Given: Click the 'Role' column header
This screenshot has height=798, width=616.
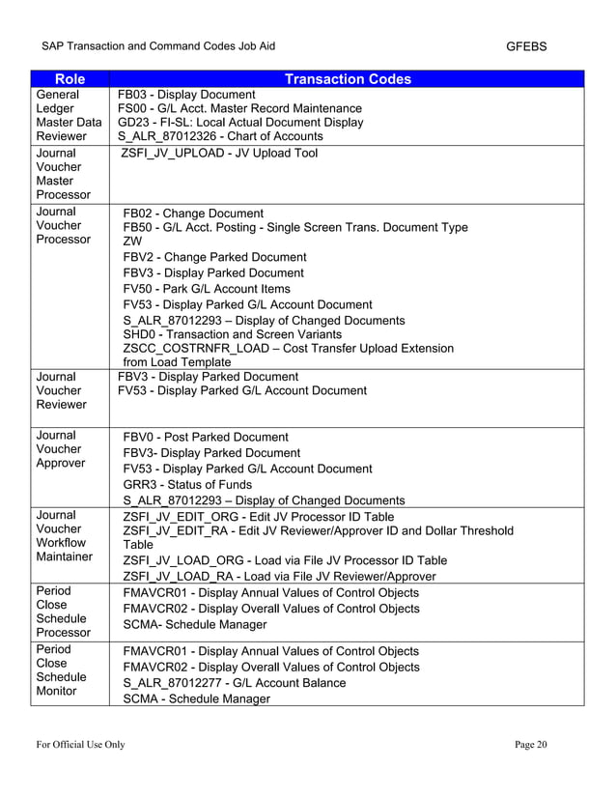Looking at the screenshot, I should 69,79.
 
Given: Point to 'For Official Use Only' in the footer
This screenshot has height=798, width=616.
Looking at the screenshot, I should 81,743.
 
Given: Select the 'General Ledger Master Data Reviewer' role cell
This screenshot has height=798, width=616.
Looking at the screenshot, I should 68,116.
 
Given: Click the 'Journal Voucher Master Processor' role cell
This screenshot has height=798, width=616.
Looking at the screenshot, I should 63,174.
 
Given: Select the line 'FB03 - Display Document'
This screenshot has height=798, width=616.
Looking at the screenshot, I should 186,95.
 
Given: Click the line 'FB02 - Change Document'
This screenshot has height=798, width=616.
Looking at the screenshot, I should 193,213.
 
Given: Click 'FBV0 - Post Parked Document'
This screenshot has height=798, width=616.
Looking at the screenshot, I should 206,438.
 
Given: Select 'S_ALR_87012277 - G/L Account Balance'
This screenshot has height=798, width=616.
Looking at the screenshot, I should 235,683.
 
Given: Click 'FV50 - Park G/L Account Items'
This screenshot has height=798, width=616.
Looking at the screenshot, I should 207,289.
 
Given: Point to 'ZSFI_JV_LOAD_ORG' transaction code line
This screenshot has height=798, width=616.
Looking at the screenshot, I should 285,560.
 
